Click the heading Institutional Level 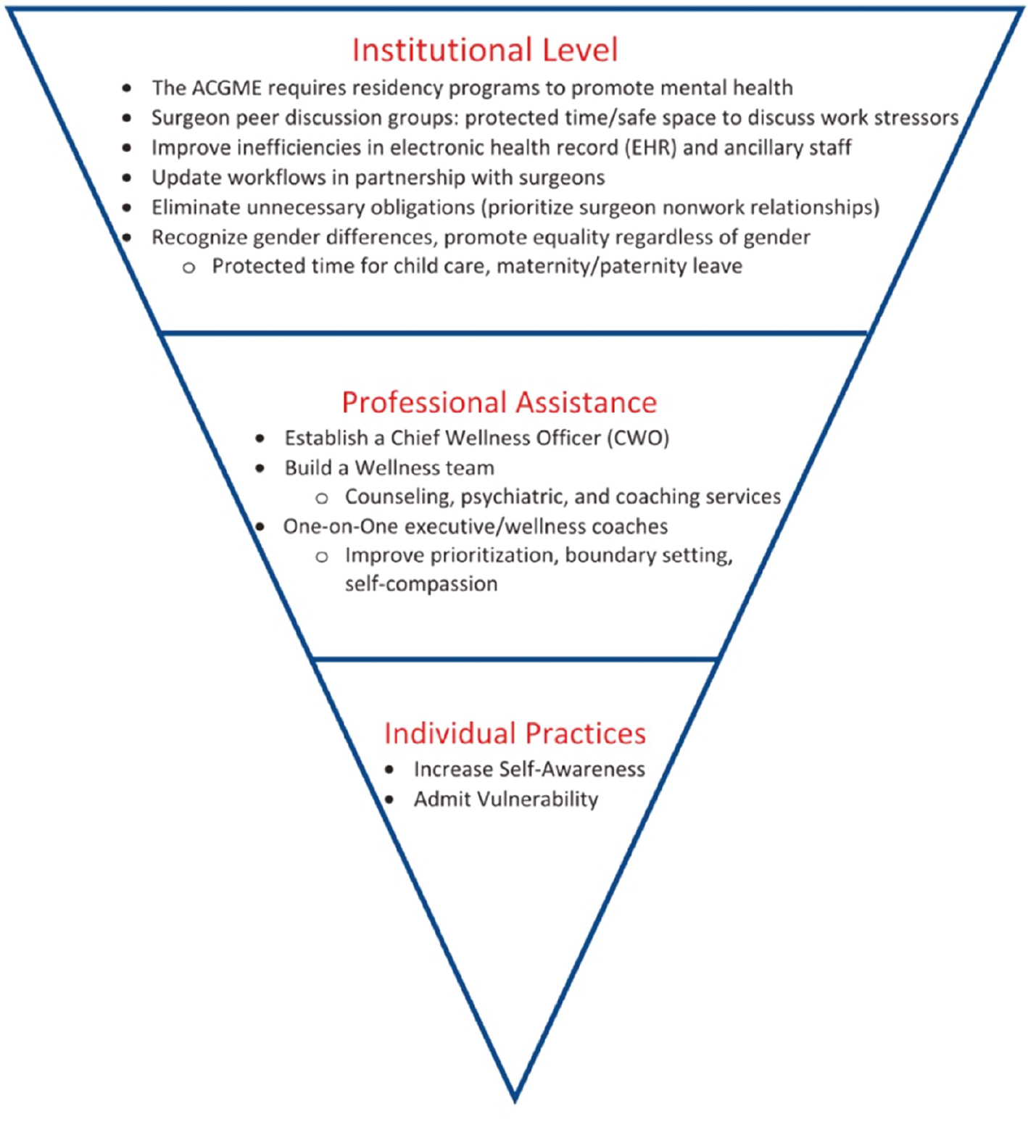pyautogui.click(x=484, y=50)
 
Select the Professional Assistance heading pyautogui.click(x=499, y=402)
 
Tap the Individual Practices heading pyautogui.click(x=515, y=734)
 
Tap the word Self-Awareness pyautogui.click(x=572, y=769)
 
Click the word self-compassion pyautogui.click(x=421, y=584)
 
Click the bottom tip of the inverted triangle pyautogui.click(x=515, y=1099)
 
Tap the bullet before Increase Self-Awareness pyautogui.click(x=390, y=770)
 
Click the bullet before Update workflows pyautogui.click(x=127, y=178)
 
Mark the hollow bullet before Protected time pyautogui.click(x=188, y=267)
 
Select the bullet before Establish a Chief pyautogui.click(x=260, y=439)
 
